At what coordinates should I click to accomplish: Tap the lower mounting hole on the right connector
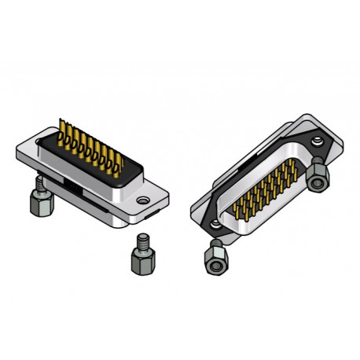(x=214, y=228)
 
